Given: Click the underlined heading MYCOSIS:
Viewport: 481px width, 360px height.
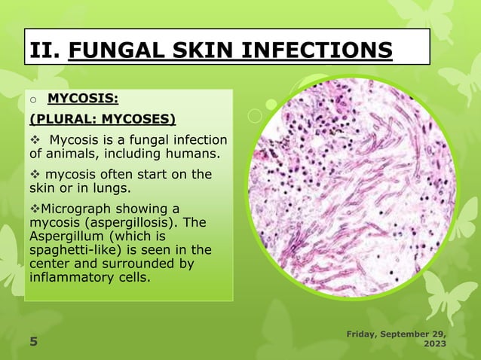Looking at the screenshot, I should (x=82, y=98).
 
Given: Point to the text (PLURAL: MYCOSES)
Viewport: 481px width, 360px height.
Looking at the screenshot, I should (x=102, y=118).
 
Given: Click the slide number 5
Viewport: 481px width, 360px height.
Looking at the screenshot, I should (x=33, y=343).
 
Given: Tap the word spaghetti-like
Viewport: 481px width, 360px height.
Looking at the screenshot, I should (x=72, y=250).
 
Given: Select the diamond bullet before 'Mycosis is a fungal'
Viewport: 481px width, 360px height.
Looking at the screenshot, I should (x=35, y=140).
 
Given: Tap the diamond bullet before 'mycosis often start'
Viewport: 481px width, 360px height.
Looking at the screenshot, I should (x=35, y=174).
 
